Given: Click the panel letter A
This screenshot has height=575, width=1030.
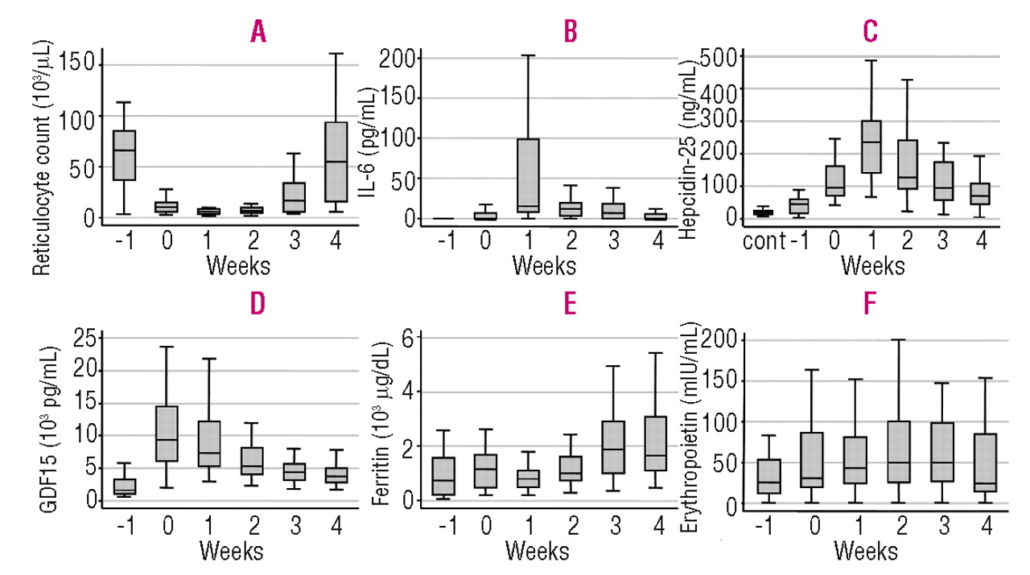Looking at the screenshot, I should point(258,32).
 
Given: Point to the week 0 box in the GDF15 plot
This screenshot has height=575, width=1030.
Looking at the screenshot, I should point(167,433).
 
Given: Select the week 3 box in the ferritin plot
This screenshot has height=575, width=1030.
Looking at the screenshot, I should point(613,446).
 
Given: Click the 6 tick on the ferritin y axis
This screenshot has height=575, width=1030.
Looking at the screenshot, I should point(406,339).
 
